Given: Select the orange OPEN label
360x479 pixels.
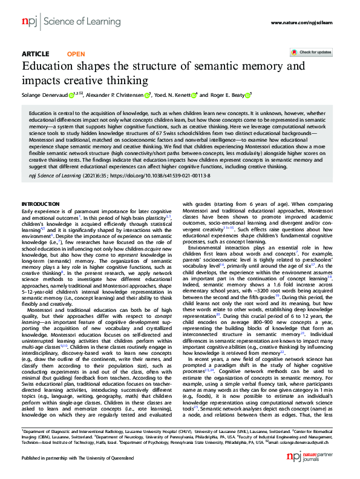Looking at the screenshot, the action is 76,54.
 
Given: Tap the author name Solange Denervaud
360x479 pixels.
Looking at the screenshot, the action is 44,95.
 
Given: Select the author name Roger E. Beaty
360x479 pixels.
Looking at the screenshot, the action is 227,95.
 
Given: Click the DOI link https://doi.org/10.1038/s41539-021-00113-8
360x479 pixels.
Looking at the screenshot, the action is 158,174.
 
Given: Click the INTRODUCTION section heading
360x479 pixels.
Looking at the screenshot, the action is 41,203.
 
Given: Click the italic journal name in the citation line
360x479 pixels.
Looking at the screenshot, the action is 53,174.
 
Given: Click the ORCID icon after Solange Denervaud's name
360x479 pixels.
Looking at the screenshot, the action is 71,95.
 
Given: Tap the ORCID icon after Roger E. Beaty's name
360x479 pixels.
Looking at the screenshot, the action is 249,95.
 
